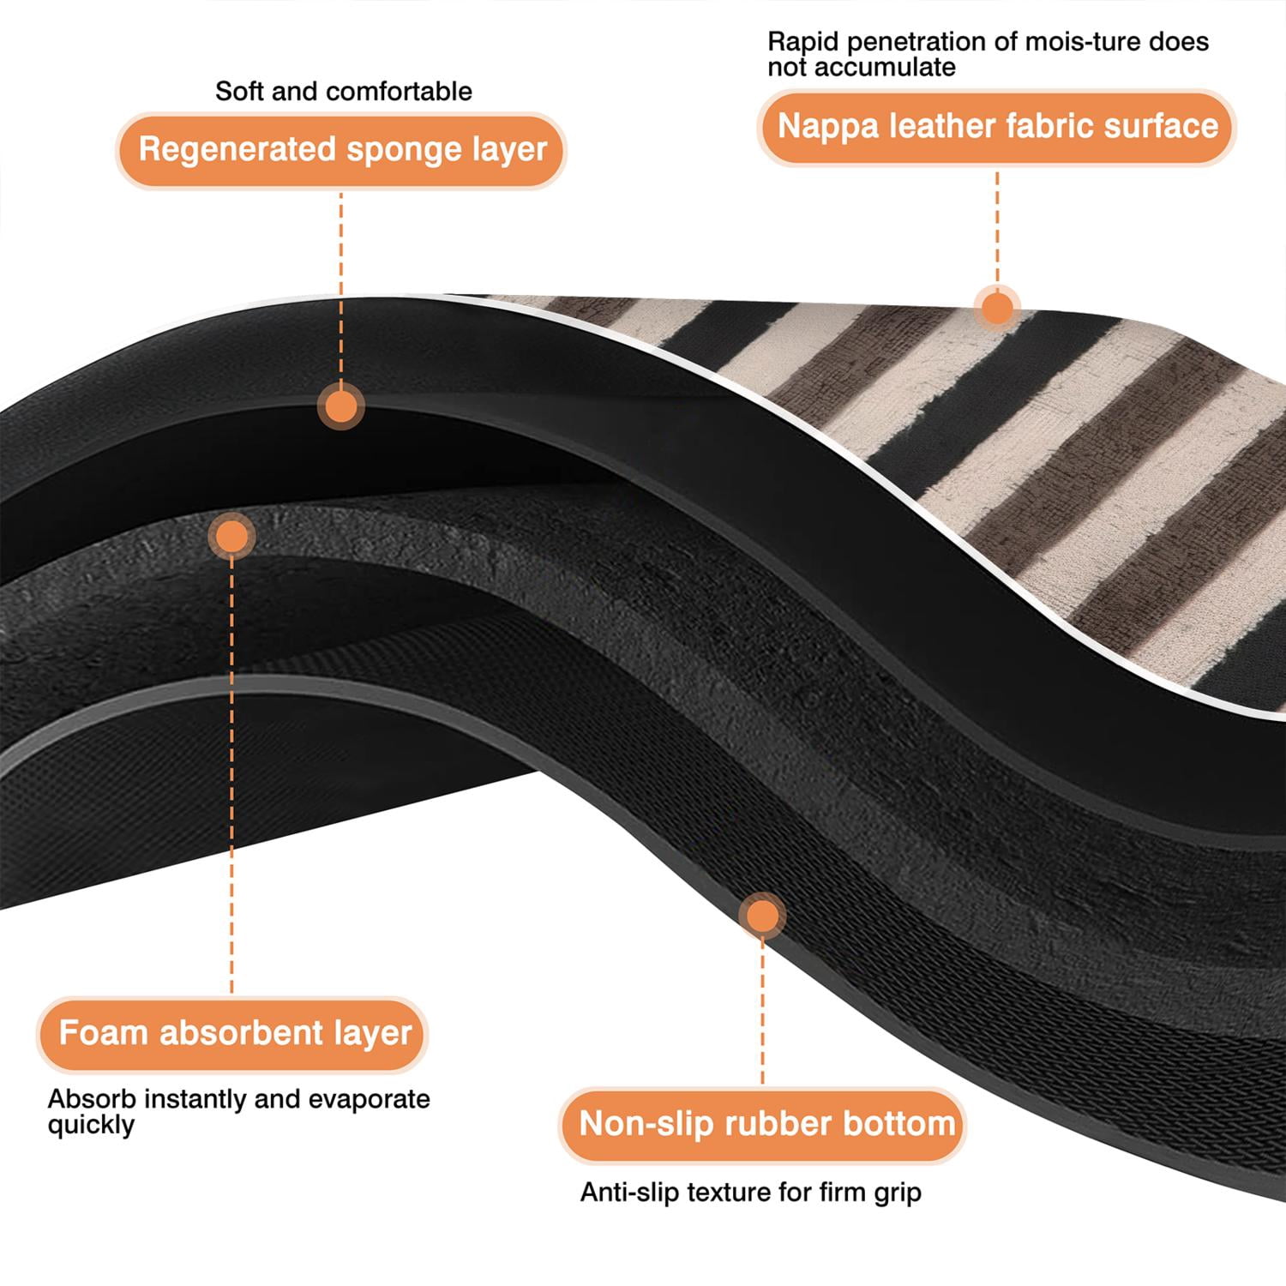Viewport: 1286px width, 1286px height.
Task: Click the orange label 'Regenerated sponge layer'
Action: point(341,150)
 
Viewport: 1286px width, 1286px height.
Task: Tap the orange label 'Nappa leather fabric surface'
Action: point(997,127)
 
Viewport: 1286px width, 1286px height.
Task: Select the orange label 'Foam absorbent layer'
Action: point(232,1034)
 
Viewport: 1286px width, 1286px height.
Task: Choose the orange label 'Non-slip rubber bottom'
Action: point(763,1124)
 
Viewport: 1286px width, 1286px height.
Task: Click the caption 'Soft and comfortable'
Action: point(344,91)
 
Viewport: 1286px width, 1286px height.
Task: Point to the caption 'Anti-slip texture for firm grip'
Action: point(750,1193)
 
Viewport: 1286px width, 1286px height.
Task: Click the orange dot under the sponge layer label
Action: point(341,406)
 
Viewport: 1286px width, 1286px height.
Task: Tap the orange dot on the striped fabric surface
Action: point(996,307)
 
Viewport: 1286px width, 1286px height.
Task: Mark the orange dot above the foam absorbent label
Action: point(231,537)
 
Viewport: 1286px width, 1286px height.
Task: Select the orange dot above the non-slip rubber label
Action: point(762,916)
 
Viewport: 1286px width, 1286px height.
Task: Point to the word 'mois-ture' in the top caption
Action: point(1065,41)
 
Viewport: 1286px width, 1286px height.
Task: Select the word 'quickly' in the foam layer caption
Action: point(91,1126)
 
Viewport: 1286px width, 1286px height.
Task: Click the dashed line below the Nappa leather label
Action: point(997,226)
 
